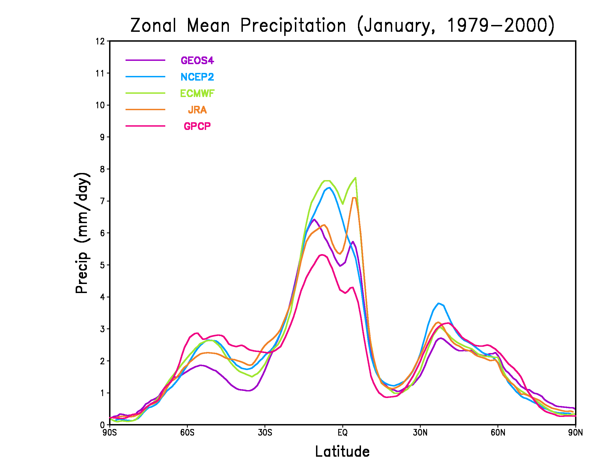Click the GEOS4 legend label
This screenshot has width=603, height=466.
197,61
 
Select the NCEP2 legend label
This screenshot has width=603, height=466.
197,77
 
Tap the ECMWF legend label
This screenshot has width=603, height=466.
197,93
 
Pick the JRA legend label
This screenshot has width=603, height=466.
197,110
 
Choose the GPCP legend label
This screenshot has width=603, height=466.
197,126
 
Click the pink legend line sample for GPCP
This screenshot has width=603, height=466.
145,126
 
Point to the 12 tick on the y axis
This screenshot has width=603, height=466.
100,41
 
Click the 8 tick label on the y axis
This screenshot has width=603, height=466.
103,169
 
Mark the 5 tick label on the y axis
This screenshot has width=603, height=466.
103,265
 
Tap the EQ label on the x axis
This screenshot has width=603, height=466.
343,432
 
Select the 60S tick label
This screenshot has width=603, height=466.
187,432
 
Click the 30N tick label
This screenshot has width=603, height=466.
420,432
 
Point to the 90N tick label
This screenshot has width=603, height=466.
575,432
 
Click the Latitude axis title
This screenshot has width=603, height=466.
342,452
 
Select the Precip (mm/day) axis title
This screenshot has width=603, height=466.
82,233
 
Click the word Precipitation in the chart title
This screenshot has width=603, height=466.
293,25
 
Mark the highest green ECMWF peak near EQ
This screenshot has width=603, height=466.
355,178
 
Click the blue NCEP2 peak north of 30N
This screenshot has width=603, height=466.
439,303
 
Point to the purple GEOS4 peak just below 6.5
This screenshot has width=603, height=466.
314,220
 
